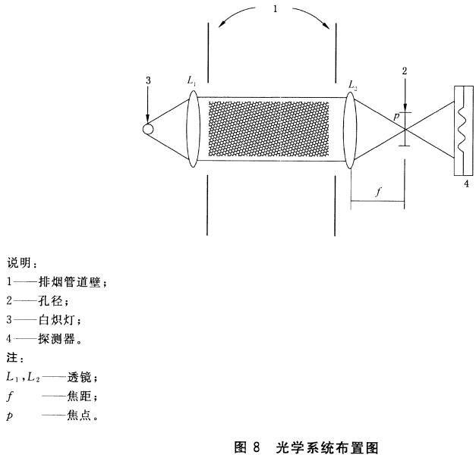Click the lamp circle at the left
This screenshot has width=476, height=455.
coord(149,129)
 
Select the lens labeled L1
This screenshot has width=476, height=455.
coord(192,129)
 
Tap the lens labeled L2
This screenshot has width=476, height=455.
coord(349,129)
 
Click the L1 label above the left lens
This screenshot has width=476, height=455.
coord(191,80)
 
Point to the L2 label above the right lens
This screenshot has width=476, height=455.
coord(353,81)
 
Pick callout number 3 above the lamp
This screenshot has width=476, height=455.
coord(147,80)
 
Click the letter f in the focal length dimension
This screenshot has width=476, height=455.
coord(378,192)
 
